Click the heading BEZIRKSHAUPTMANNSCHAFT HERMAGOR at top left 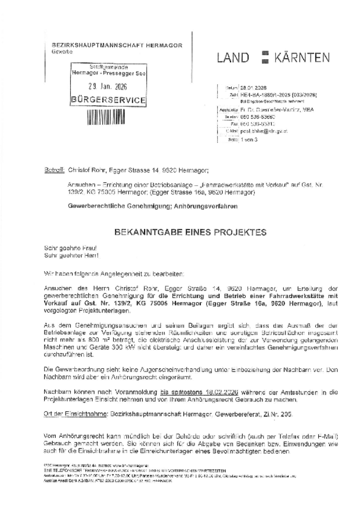[x=109, y=45]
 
